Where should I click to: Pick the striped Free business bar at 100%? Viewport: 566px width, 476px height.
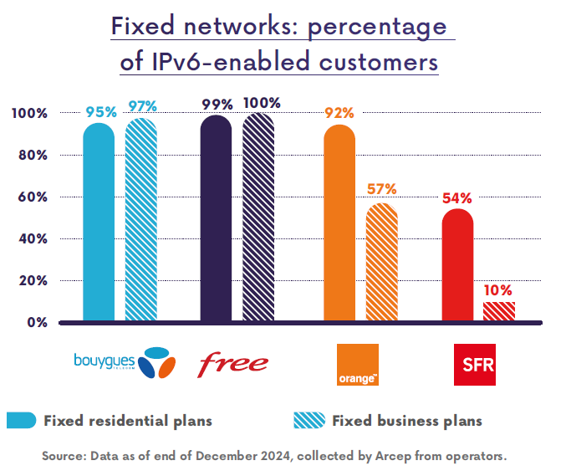tap(258, 217)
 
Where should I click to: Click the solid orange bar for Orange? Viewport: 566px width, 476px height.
tap(339, 223)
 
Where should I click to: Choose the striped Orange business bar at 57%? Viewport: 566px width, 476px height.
tap(381, 262)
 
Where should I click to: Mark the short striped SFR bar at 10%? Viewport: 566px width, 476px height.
tap(498, 311)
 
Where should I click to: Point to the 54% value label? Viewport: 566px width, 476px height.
tap(457, 198)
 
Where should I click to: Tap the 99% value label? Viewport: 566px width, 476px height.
tap(217, 105)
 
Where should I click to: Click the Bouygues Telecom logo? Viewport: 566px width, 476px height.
tap(125, 363)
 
